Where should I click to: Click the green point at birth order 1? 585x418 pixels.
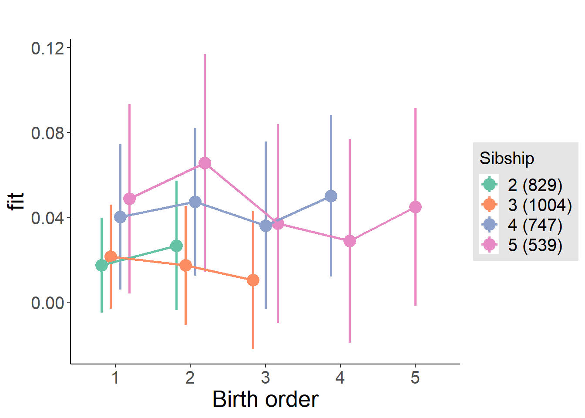(x=101, y=265)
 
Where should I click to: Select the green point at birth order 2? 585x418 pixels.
(x=176, y=246)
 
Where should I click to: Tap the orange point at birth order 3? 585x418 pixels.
(x=253, y=280)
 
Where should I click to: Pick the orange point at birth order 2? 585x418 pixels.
(x=186, y=265)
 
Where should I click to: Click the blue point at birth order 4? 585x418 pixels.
(x=331, y=196)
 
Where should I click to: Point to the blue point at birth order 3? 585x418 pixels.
(x=266, y=226)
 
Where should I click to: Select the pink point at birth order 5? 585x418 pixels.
(x=415, y=207)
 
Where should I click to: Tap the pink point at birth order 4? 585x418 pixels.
(x=350, y=241)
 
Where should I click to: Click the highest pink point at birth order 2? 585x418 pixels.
(x=205, y=163)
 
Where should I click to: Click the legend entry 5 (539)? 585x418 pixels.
(x=535, y=245)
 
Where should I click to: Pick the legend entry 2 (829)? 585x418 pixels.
(x=535, y=185)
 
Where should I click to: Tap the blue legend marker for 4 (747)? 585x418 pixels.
(x=490, y=225)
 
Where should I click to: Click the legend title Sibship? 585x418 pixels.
(x=507, y=158)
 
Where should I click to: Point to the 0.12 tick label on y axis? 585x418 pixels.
(x=47, y=48)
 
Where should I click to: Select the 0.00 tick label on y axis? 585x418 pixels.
(x=47, y=303)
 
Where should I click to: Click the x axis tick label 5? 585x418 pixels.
(x=415, y=378)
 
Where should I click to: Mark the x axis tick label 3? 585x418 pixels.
(x=266, y=378)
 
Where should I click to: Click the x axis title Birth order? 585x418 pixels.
(x=266, y=399)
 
